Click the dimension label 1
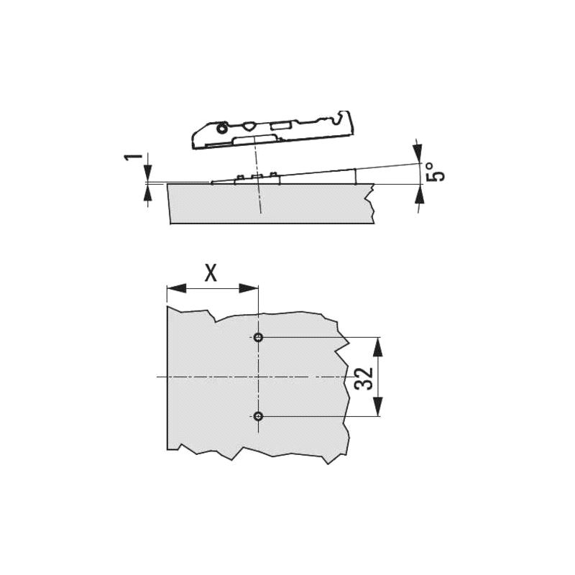[x=133, y=157]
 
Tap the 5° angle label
[x=435, y=172]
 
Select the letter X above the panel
[x=211, y=273]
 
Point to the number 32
[x=364, y=378]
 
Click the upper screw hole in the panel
[x=259, y=337]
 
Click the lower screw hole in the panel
[x=259, y=416]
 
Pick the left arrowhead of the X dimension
[x=176, y=288]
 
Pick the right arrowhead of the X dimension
[x=249, y=288]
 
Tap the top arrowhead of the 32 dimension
[x=378, y=346]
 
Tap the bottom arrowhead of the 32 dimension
[x=378, y=407]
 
